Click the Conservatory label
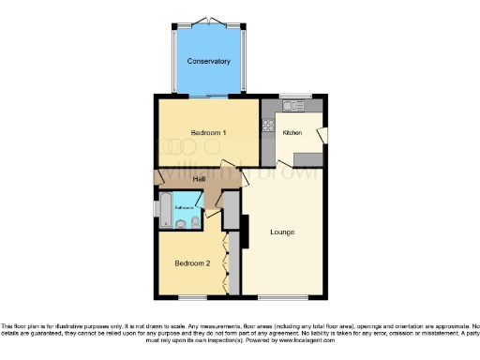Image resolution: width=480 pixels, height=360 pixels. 208,61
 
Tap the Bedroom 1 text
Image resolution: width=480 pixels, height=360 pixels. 208,133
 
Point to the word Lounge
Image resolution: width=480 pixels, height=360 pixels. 282,232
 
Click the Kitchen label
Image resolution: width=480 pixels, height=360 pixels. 292,133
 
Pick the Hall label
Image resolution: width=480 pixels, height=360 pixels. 199,178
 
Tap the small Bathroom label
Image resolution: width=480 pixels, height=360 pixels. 184,207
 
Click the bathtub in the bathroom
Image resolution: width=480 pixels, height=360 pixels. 166,211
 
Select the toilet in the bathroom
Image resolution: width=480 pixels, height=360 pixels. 195,221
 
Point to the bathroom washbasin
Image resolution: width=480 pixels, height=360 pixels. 182,224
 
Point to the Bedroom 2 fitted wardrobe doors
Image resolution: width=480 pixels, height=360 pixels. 226,262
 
